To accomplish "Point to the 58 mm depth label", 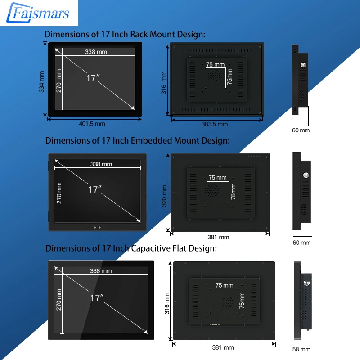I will [301, 349].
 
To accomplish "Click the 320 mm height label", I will [165, 196].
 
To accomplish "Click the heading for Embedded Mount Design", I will [137, 141].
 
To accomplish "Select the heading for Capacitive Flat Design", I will [131, 248].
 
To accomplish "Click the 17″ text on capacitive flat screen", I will [97, 297].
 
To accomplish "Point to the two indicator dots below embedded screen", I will [98, 227].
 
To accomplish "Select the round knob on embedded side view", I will [306, 175].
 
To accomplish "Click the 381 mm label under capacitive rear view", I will [223, 347].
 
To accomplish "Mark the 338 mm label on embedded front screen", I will [101, 164].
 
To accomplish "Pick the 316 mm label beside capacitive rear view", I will [167, 302].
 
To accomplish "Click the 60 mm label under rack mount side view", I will [301, 130].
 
